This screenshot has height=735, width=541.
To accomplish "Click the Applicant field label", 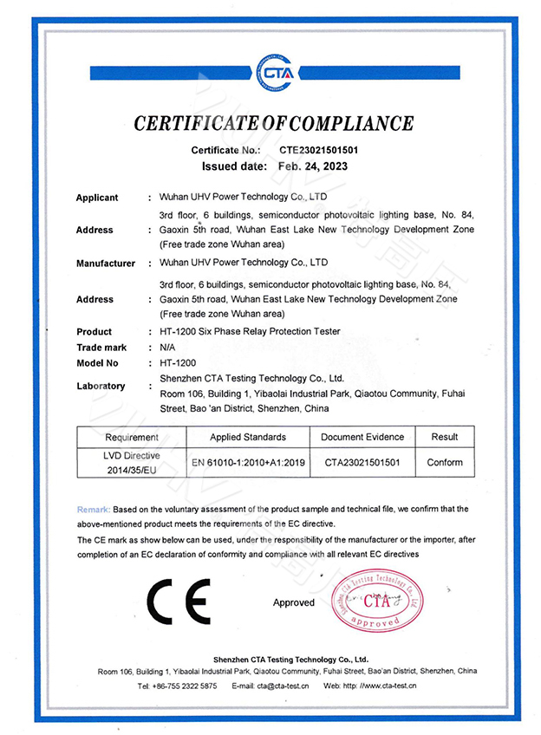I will click(x=97, y=198).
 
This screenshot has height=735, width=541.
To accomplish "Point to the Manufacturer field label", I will click(x=106, y=263).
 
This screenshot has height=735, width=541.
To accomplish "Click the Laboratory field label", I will click(x=101, y=386).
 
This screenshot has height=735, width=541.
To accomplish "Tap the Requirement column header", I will click(x=132, y=437).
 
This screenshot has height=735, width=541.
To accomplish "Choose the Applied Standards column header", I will click(x=248, y=437).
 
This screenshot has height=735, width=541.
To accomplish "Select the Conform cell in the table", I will click(x=445, y=463).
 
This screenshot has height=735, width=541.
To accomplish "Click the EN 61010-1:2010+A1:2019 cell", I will click(x=248, y=463).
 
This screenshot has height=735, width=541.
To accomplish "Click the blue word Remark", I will click(x=93, y=509).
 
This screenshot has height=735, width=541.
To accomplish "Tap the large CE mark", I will click(x=179, y=602).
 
